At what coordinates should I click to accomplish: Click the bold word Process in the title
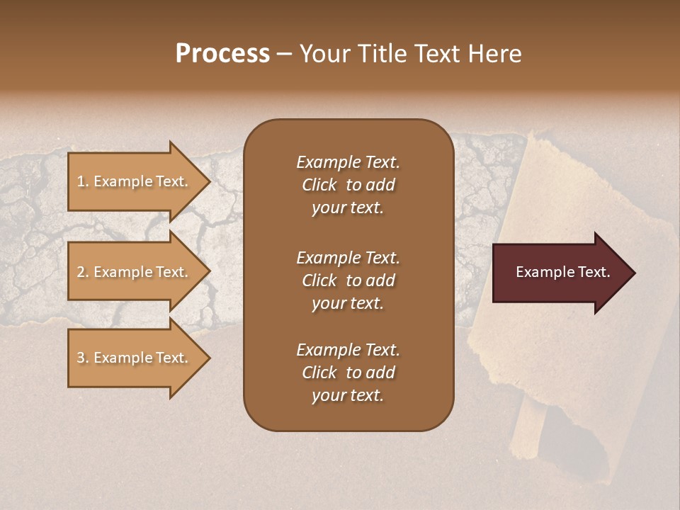coord(222,54)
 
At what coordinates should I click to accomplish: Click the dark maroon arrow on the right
coord(560,273)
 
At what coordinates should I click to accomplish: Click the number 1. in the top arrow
coord(83,181)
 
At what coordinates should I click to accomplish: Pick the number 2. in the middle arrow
coord(83,272)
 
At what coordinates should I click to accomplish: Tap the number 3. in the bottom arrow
coord(83,358)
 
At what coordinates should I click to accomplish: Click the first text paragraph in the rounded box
coord(348,185)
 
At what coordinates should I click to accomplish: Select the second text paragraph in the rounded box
coord(348,280)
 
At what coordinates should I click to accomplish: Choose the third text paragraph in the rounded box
coord(348,373)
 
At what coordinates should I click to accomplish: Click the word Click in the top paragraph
coord(319,185)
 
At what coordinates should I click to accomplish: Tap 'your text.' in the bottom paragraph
coord(348,395)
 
